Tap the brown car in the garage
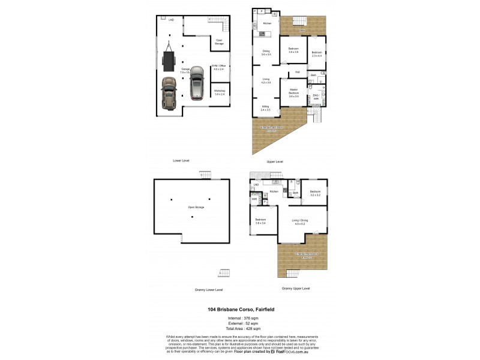click(170, 95)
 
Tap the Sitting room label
click(265, 108)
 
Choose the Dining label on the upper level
click(265, 52)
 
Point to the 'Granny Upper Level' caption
click(296, 288)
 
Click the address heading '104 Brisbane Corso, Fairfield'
click(240, 309)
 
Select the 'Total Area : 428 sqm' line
click(240, 329)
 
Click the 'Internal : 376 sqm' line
click(240, 318)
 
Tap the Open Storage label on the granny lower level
click(196, 207)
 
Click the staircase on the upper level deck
click(298, 23)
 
